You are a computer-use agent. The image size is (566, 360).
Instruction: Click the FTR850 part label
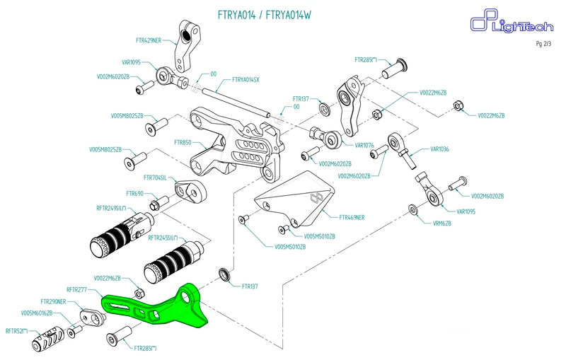[183, 142]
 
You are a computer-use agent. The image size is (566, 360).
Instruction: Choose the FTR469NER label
[352, 217]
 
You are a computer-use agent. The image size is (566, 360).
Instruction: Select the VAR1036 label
[439, 149]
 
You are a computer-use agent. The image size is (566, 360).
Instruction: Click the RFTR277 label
[76, 289]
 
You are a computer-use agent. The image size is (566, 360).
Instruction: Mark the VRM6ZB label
[441, 223]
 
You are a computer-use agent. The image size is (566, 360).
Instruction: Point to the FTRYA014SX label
[246, 80]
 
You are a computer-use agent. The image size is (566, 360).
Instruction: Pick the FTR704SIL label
[154, 178]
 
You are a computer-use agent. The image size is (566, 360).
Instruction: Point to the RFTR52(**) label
[16, 330]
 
